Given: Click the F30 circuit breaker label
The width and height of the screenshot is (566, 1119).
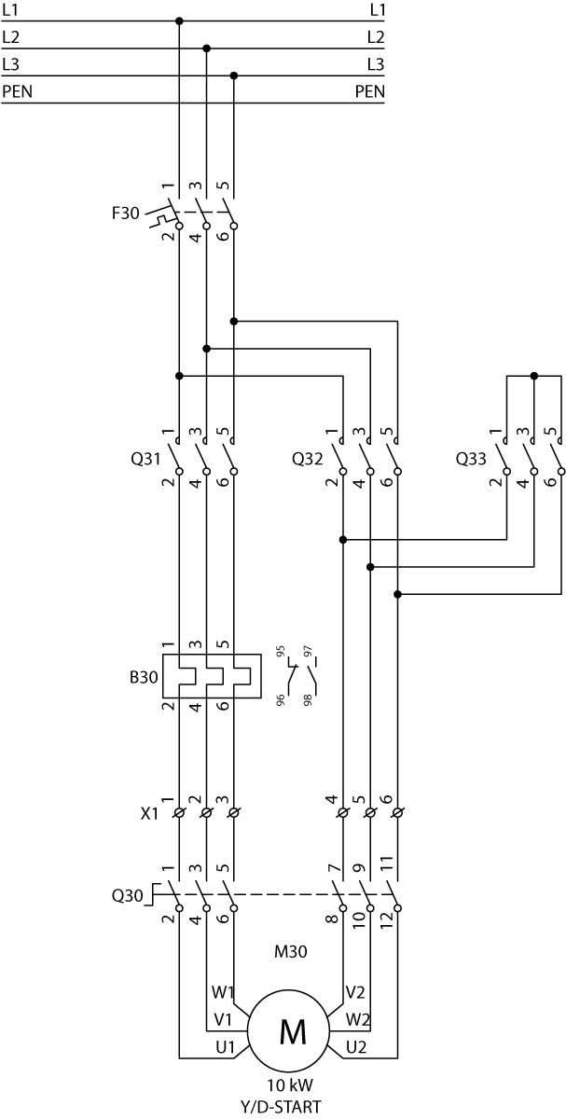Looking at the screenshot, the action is pos(125,214).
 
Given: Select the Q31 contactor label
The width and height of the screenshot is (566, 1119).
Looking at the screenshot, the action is pos(145,459).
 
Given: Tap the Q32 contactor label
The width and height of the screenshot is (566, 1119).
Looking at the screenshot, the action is pos(307,459).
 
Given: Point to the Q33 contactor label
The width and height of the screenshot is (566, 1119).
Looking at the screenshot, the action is pos(471,459).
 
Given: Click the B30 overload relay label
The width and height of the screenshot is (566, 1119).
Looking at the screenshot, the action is pos(144,677).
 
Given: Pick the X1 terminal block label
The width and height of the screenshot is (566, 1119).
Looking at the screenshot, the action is pos(149,814).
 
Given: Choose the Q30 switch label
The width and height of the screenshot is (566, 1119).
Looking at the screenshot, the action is pos(127,896).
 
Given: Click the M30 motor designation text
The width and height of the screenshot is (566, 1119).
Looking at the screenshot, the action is pos(290,952).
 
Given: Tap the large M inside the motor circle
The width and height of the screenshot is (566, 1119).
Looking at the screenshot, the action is pos(293,1032).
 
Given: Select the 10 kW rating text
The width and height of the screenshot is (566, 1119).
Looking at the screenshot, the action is pos(290,1085).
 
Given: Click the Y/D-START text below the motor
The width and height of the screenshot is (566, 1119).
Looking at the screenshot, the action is pos(282,1107).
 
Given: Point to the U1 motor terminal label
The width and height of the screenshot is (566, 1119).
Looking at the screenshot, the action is pos(225,1047).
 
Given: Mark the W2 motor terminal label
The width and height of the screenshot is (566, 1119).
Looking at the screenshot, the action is pos(357,1019).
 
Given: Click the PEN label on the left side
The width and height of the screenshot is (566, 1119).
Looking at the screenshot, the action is pos(18,92).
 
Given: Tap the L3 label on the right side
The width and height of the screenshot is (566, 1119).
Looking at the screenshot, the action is pos(376,64).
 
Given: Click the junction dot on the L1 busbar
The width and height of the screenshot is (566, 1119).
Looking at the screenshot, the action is pos(179,21).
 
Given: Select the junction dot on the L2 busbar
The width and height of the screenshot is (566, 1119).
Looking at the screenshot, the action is pos(207,48).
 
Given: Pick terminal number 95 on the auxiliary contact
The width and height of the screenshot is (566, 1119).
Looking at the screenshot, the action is pos(281,651).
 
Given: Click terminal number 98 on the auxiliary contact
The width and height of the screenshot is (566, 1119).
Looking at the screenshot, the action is pos(309,700).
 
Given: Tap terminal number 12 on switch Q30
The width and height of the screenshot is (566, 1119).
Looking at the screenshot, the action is pos(387,919).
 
